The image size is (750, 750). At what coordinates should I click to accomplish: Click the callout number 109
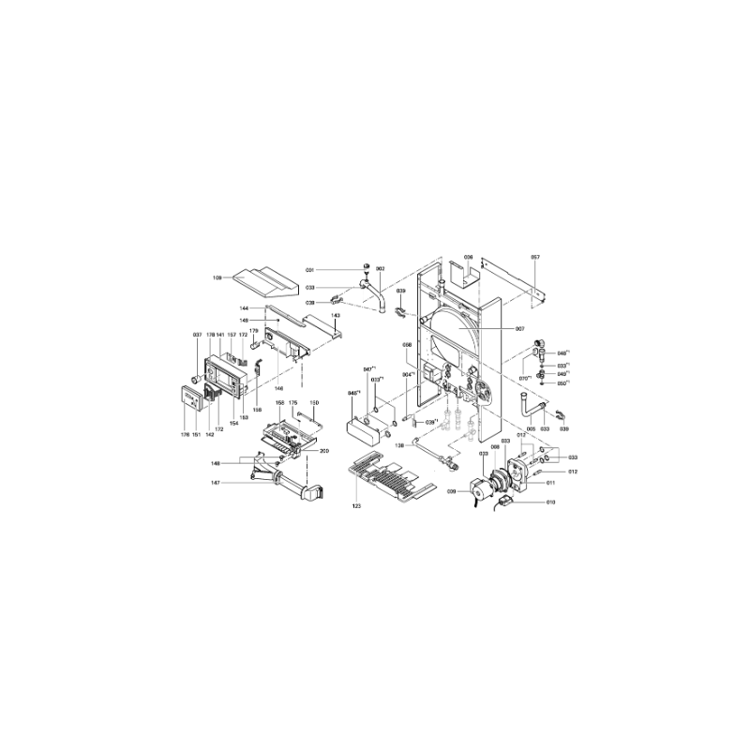[x=217, y=277]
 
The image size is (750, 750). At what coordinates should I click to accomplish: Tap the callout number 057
[x=535, y=256]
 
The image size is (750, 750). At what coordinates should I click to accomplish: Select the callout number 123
[x=356, y=506]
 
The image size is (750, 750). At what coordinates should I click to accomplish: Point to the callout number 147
[x=215, y=483]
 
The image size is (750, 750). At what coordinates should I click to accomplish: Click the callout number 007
[x=519, y=329]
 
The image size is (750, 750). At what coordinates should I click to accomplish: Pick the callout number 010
[x=551, y=503]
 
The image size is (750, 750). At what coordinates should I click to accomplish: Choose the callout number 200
[x=323, y=451]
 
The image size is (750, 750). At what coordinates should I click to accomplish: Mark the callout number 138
[x=398, y=444]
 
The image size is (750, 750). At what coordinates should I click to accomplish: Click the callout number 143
[x=335, y=315]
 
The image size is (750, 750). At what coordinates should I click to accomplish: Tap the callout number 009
[x=451, y=490]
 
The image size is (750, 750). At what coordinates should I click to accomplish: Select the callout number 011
[x=551, y=483]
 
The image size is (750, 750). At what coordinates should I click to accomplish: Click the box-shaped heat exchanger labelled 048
[x=367, y=430]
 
